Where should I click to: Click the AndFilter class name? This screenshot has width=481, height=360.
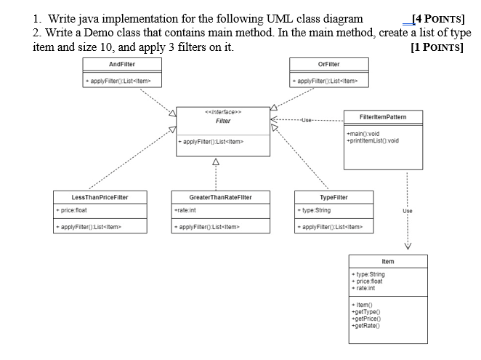[122, 64]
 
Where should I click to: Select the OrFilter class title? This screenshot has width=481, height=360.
[329, 64]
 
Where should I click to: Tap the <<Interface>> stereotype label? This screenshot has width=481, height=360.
[223, 112]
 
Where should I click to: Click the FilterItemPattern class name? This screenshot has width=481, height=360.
[383, 117]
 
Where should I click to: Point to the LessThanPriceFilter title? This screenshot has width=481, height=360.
[100, 197]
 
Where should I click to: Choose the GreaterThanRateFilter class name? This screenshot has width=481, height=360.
[221, 197]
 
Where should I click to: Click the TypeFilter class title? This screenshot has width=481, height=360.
[334, 197]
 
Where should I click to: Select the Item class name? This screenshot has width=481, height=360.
[388, 261]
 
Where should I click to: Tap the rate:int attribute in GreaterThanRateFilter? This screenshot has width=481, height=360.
[185, 210]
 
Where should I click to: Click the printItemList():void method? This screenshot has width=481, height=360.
[373, 140]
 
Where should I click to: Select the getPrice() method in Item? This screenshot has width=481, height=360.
[366, 319]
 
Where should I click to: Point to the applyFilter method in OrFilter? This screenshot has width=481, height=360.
[326, 81]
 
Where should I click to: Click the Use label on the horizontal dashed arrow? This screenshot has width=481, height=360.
[306, 120]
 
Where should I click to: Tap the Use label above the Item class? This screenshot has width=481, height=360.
[408, 211]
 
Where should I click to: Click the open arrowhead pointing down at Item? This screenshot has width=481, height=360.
[408, 246]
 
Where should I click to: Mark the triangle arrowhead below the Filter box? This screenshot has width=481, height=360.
[216, 161]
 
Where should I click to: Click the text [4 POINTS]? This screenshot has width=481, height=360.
[438, 19]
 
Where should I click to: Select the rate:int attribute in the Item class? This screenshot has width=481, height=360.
[363, 288]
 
